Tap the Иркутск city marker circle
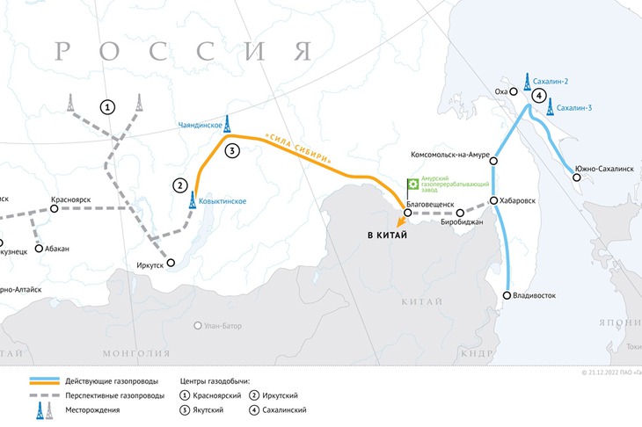tap(171, 263)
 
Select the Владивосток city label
tap(536, 296)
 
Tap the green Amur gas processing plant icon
tap(412, 185)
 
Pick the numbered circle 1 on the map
tap(107, 107)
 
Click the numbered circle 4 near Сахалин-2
tap(538, 96)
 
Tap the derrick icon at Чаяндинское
tap(227, 122)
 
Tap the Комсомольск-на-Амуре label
tap(443, 155)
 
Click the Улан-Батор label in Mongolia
tap(223, 325)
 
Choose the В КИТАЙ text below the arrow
tap(388, 236)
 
